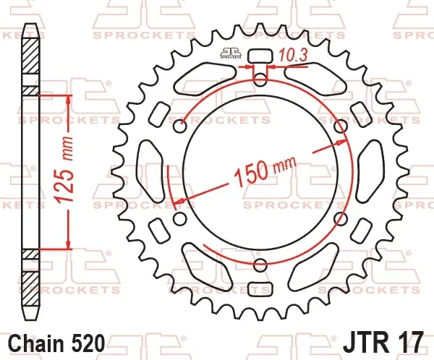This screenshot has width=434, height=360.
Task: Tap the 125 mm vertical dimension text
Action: tap(64, 170)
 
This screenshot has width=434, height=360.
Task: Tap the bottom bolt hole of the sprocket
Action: tap(260, 265)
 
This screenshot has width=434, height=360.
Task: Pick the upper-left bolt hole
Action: tap(180, 127)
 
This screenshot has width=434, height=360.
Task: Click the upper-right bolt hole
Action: tap(341, 127)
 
